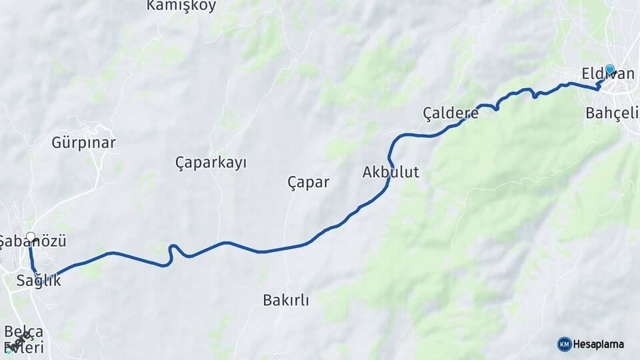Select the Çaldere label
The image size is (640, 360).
[x=451, y=113]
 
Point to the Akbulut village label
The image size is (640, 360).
[x=391, y=172]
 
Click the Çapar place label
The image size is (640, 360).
[x=308, y=181]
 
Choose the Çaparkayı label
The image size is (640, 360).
[x=211, y=162]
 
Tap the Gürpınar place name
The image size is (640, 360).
[x=83, y=143]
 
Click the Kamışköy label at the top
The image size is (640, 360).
[x=181, y=6]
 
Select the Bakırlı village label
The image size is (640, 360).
[x=286, y=300]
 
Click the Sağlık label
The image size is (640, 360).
[x=39, y=281]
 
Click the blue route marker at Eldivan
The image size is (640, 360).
[x=609, y=69]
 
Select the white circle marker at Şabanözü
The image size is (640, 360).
[x=31, y=237]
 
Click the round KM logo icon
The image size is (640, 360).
[x=564, y=344]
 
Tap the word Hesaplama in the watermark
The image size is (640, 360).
[x=598, y=344]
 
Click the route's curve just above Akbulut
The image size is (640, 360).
[x=393, y=143]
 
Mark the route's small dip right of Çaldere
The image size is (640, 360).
[x=497, y=107]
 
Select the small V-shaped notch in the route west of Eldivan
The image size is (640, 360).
[x=535, y=95]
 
